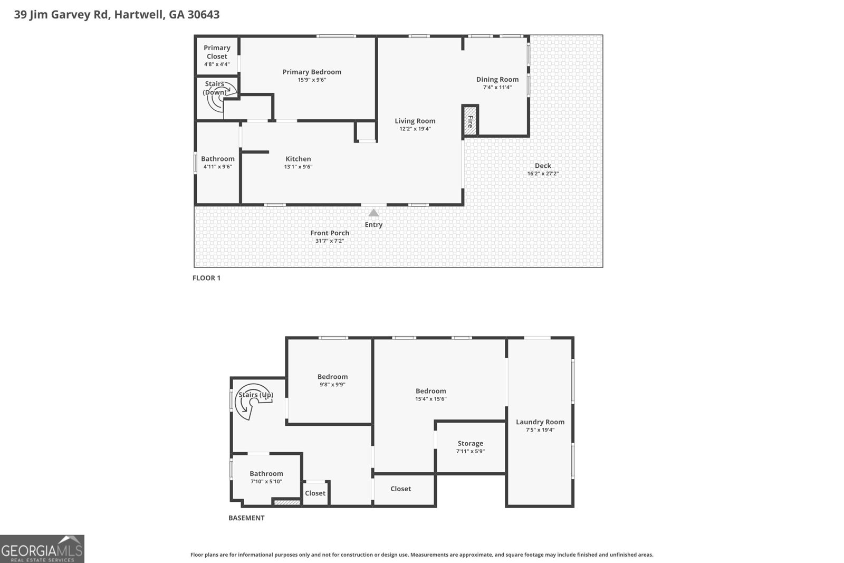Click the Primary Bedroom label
312,72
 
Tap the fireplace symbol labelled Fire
469,119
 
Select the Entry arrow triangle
373,213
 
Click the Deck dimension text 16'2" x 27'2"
543,174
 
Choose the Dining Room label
497,79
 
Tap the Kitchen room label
298,158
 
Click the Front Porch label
330,233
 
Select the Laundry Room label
540,422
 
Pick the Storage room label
470,443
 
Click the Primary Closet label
217,52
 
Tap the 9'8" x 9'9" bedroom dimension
332,385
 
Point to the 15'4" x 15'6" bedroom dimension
430,399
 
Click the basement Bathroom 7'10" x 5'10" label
266,473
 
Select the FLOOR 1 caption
206,278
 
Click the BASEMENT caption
246,518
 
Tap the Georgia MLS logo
42,549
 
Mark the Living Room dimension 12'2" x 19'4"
415,129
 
